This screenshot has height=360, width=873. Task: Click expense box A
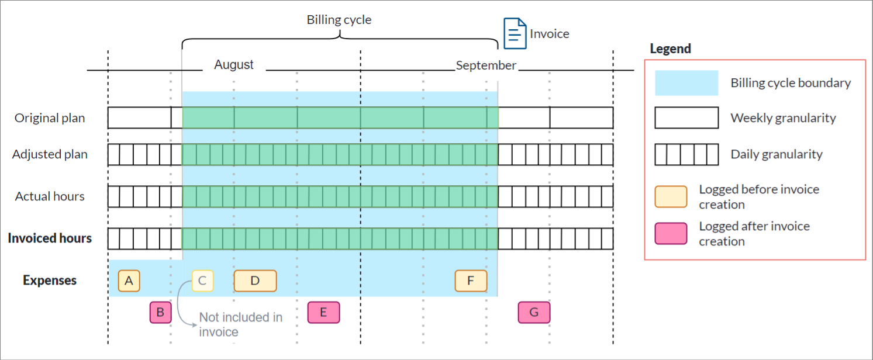pos(129,281)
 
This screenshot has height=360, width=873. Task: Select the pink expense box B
pos(160,312)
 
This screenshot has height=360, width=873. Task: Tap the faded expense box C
pos(202,281)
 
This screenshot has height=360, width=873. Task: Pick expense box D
pos(255,281)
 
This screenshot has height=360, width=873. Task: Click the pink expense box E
pos(323,312)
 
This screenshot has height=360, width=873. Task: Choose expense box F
pos(471,281)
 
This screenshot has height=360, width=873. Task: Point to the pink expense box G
pos(534,312)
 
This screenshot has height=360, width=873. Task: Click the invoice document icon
pos(514,33)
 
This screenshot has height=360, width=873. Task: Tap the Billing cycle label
pos(339,20)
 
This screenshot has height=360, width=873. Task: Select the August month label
pos(234,65)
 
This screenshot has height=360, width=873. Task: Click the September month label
pos(486,65)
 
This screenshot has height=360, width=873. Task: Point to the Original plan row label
pos(50,118)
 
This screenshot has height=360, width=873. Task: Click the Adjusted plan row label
pos(50,154)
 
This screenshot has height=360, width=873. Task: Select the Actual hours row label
pos(50,196)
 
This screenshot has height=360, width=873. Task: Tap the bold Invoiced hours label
pos(50,238)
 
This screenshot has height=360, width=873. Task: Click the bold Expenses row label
pos(50,281)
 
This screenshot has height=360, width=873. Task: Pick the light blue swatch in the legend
pos(686,83)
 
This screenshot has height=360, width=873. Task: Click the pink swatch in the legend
pos(671,233)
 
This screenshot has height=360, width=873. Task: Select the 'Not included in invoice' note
pos(240,324)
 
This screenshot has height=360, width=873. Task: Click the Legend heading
pos(670,49)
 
